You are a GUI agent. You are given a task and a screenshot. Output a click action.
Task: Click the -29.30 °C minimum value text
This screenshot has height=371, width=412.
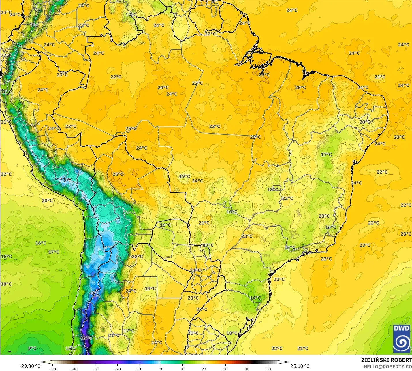(x=30, y=366)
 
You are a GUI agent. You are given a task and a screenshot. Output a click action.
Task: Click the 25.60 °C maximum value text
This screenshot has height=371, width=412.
(x=300, y=366)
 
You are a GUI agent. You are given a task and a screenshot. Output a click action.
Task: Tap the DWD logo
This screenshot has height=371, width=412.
(x=402, y=339)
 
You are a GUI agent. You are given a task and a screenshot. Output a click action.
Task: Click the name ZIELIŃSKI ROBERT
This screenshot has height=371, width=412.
(x=386, y=360)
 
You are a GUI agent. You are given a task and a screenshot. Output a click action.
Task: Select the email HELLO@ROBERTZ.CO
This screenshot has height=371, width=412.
(x=387, y=367)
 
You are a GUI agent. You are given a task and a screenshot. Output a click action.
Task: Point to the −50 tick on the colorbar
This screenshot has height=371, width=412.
(x=52, y=369)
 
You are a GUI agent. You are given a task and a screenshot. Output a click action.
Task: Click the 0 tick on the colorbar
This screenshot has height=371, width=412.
(x=161, y=369)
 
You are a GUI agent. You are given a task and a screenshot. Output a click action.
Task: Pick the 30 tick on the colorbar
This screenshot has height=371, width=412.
(x=225, y=369)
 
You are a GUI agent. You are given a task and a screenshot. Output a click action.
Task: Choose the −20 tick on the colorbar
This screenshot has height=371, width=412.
(x=117, y=369)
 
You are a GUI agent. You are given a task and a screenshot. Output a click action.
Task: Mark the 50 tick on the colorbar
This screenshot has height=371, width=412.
(x=269, y=369)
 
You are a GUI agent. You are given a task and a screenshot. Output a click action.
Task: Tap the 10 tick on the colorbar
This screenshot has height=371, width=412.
(x=182, y=369)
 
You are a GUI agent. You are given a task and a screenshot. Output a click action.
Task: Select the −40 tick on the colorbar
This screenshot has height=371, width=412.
(x=74, y=369)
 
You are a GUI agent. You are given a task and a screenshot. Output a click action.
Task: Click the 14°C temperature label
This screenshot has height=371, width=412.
(x=255, y=298)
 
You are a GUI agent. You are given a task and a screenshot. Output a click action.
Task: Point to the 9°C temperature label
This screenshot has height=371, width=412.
(x=32, y=348)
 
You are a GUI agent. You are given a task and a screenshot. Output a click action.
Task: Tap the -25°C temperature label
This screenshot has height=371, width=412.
(x=86, y=338)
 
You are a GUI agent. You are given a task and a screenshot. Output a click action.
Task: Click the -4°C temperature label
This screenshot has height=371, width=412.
(x=108, y=248)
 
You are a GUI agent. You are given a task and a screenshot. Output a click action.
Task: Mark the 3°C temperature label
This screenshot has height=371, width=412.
(x=34, y=25)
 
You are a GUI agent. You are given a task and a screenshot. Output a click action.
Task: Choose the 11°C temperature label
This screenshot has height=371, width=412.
(x=6, y=92)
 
